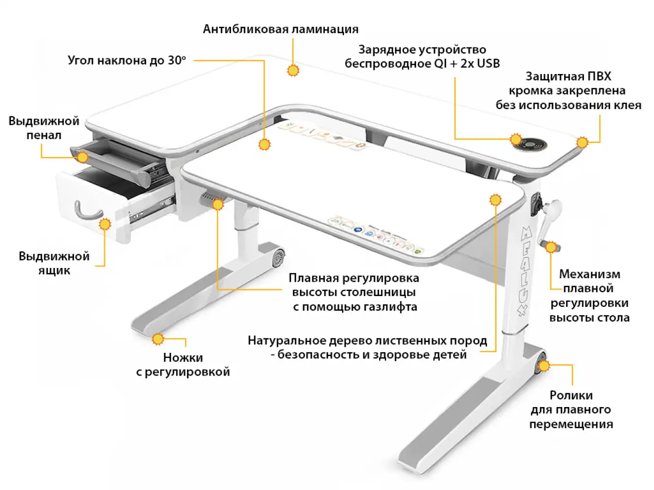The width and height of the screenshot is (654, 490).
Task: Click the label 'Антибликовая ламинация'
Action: [x=280, y=29]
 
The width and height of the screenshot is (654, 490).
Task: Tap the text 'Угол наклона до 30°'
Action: [x=127, y=60]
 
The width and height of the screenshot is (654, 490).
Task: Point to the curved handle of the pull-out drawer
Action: [x=87, y=212]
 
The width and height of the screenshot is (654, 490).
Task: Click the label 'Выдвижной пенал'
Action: [x=43, y=128]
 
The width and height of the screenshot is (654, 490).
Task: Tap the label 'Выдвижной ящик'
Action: [x=54, y=263]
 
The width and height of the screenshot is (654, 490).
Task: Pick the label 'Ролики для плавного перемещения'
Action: [x=571, y=410]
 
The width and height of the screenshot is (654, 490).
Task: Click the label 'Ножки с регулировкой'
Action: [x=183, y=365]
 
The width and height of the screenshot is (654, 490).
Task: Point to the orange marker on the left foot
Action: [x=158, y=339]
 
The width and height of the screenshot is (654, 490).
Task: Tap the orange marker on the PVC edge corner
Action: [x=582, y=143]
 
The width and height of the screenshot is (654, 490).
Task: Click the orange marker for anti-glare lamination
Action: [x=293, y=71]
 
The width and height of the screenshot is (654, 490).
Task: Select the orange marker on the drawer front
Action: [x=105, y=225]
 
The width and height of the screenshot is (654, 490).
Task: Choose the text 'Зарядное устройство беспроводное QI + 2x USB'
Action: [x=422, y=56]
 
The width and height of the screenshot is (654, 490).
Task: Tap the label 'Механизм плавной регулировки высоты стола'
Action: [x=589, y=296]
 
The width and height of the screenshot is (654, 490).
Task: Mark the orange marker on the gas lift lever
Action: [x=218, y=204]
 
